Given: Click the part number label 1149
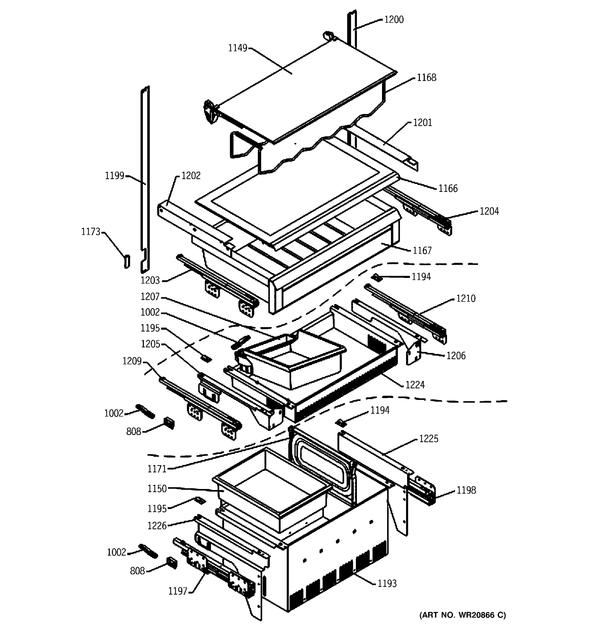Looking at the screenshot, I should [x=237, y=48].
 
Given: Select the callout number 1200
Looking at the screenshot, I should [x=394, y=20].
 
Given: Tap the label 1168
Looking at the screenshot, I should [x=426, y=77].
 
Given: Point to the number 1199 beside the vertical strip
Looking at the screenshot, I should [x=114, y=176].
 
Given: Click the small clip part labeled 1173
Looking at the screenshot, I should [x=127, y=261].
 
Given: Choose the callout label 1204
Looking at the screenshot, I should [x=489, y=211].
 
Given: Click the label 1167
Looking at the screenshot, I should [x=422, y=251].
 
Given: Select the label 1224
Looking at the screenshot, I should [x=415, y=385].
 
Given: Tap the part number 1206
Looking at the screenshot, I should [x=456, y=356].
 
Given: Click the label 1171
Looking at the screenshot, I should [x=157, y=469].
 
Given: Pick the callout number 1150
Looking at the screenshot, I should [x=157, y=488].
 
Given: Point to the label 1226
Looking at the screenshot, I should [x=157, y=526].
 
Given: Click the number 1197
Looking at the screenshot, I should [x=177, y=591].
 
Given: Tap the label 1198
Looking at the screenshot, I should [x=466, y=490].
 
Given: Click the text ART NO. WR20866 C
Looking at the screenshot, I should [x=462, y=615].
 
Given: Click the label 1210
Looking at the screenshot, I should [x=466, y=299].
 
